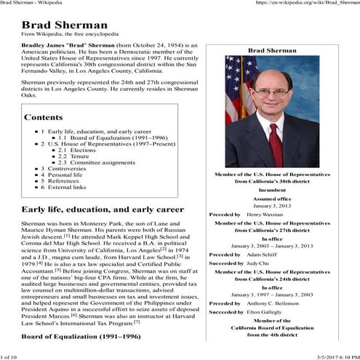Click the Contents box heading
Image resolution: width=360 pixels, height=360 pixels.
point(48,117)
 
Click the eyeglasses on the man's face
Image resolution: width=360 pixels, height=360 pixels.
point(278,92)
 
